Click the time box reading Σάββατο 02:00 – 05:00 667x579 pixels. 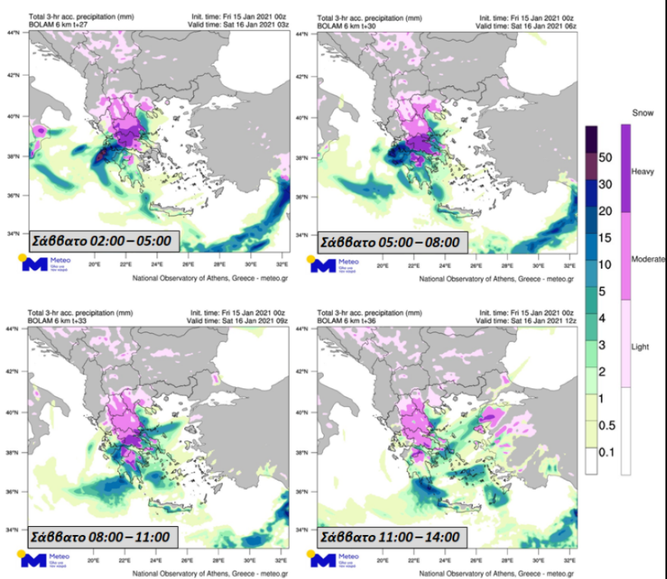[103, 242]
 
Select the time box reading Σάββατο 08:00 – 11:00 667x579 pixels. [103, 537]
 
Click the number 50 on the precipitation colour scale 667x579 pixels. [605, 158]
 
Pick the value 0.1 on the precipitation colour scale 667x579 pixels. [604, 453]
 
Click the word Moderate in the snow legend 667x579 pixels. [648, 260]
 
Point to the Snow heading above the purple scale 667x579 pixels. [642, 112]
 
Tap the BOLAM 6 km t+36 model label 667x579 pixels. [348, 319]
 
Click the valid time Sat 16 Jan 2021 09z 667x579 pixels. [237, 319]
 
